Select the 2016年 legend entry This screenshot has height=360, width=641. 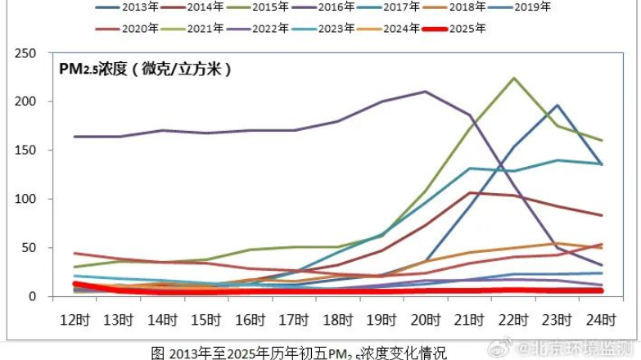(336, 7)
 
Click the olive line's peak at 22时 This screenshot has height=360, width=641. (514, 78)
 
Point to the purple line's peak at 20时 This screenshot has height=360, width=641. (426, 91)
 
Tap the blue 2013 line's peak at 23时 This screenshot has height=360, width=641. (557, 105)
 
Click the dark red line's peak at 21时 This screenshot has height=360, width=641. (470, 192)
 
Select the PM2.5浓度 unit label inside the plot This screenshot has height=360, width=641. (145, 70)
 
